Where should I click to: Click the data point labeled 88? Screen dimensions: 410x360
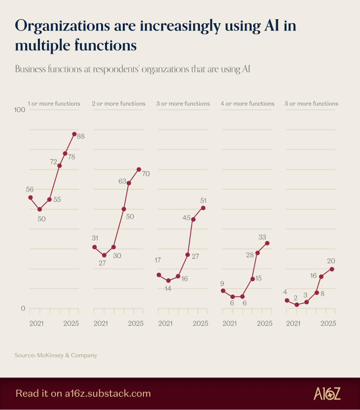[x=74, y=134]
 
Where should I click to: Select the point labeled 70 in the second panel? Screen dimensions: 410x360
[x=139, y=170]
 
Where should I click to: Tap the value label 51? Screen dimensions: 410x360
[x=203, y=200]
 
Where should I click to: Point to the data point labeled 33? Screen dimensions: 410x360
[x=267, y=243]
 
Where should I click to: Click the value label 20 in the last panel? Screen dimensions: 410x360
[x=331, y=261]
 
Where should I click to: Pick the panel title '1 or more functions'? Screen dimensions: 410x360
[x=54, y=104]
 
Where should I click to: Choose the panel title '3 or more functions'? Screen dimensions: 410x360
[x=183, y=104]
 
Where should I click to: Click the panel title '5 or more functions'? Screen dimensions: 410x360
[x=311, y=104]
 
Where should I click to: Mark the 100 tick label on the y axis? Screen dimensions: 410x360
[x=20, y=110]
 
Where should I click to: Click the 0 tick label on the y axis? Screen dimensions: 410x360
[x=22, y=309]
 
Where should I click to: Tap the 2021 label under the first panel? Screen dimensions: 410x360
[x=36, y=324]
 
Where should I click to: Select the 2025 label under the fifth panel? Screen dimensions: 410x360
[x=328, y=324]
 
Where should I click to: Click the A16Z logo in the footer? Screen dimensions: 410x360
[x=327, y=393]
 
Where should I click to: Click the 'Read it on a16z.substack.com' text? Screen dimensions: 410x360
[x=83, y=394]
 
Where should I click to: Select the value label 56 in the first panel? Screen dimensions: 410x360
[x=30, y=189]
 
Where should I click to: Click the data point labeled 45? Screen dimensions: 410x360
[x=193, y=219]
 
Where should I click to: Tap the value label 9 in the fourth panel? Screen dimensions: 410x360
[x=222, y=284]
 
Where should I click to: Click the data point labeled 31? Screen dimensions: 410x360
[x=94, y=247]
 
